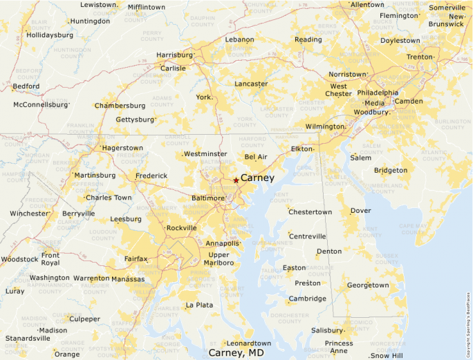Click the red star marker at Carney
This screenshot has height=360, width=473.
(x=236, y=180)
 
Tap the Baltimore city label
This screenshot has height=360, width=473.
(x=208, y=198)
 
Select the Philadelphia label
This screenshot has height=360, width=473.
(x=378, y=93)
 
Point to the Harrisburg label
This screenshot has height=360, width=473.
(x=174, y=55)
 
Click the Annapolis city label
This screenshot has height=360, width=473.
(x=223, y=243)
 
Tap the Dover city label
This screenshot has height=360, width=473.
(x=360, y=210)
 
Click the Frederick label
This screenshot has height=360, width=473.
(x=151, y=176)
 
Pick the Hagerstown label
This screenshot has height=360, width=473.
(x=122, y=148)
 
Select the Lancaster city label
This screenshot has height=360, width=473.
(x=251, y=84)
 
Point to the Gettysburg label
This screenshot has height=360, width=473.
(x=135, y=120)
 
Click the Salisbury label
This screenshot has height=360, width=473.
(x=327, y=330)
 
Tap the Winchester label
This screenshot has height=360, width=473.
(x=29, y=214)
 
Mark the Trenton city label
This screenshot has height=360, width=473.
(x=420, y=57)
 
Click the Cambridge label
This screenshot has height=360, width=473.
(x=308, y=299)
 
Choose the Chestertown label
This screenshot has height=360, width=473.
(x=310, y=212)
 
